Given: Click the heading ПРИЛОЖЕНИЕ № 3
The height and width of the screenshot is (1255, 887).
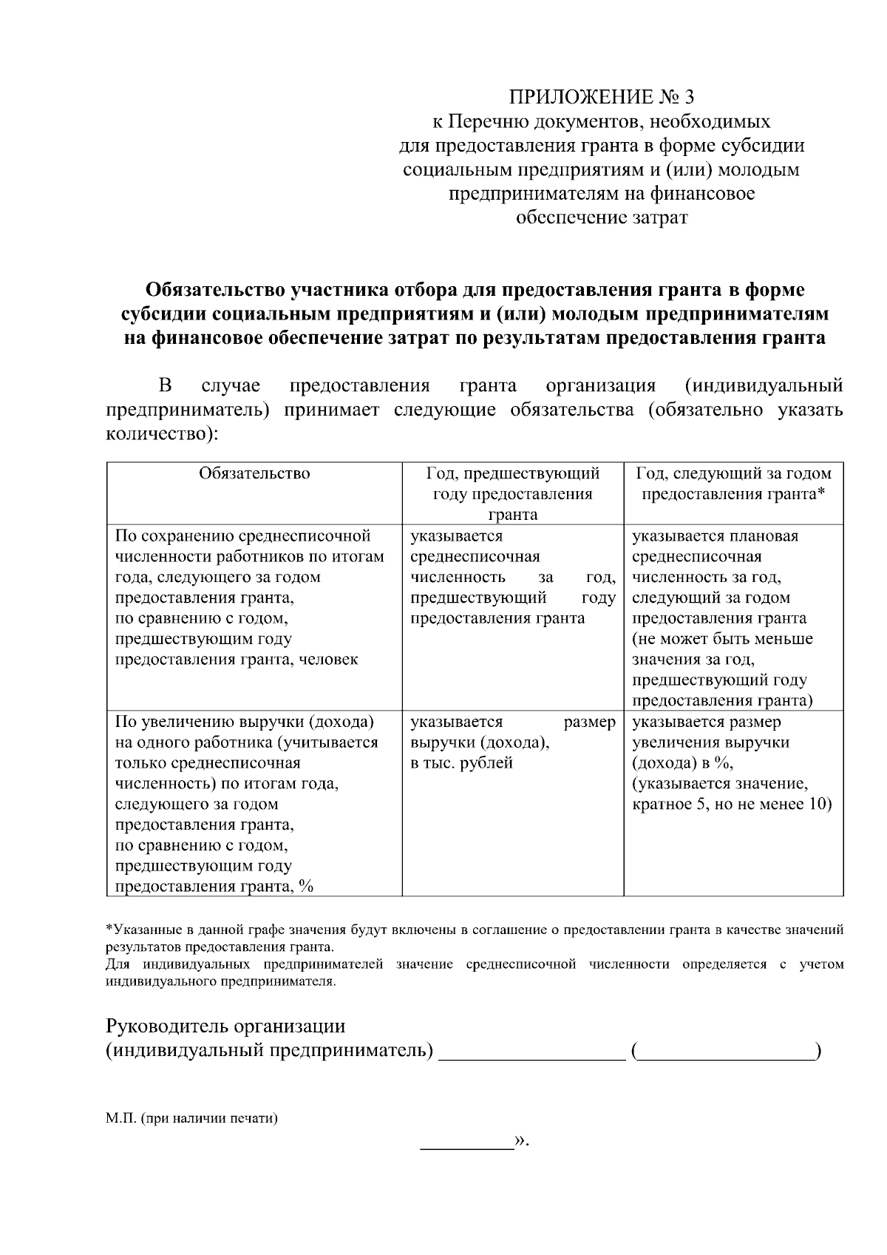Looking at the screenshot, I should [x=601, y=98].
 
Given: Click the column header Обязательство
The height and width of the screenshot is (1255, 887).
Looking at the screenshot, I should [x=254, y=473].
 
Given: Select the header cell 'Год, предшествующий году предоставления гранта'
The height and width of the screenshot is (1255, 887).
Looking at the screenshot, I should [x=512, y=493].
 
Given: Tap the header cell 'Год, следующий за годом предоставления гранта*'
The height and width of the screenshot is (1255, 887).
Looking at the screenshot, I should [x=733, y=484].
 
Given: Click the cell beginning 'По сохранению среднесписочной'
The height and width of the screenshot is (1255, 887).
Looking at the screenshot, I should [x=251, y=597].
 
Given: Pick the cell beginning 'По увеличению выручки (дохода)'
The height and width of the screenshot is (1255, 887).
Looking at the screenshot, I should [x=248, y=804].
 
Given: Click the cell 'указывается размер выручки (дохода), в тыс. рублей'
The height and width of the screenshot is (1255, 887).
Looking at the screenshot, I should [x=512, y=742].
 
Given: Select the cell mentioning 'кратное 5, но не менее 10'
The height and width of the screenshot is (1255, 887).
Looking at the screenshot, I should [x=732, y=804].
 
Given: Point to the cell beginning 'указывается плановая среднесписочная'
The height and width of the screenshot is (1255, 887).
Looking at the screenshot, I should [x=732, y=618].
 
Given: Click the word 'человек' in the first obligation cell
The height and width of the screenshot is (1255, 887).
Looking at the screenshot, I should [x=330, y=660].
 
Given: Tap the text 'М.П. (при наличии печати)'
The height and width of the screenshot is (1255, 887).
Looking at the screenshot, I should [x=191, y=1118].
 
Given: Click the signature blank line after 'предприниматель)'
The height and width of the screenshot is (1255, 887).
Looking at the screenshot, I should [x=532, y=1052].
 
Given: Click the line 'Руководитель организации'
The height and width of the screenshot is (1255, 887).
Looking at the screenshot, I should [x=225, y=1026].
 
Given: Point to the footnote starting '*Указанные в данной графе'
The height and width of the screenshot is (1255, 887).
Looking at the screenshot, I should [x=473, y=938].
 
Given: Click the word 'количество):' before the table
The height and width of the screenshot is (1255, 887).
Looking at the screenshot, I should [x=162, y=434].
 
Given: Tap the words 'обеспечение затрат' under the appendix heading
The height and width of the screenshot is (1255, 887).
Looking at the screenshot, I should [x=601, y=218].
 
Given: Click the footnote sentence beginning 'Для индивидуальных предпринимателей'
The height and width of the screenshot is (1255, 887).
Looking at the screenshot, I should [x=473, y=972].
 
